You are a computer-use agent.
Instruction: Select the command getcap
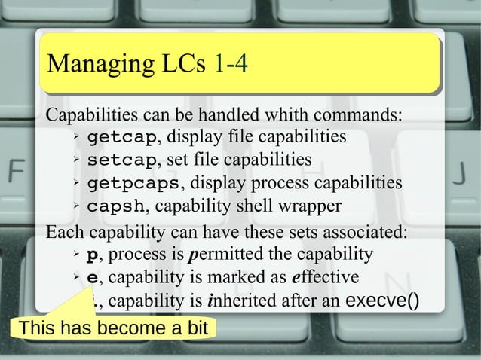click(x=122, y=138)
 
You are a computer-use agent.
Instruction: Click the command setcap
click(x=122, y=160)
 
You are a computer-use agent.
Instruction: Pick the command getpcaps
click(x=134, y=183)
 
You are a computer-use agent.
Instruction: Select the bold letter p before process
click(x=93, y=252)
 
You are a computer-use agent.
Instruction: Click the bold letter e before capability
click(x=93, y=276)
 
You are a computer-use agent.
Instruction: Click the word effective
click(x=325, y=276)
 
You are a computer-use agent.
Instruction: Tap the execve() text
click(x=382, y=302)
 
